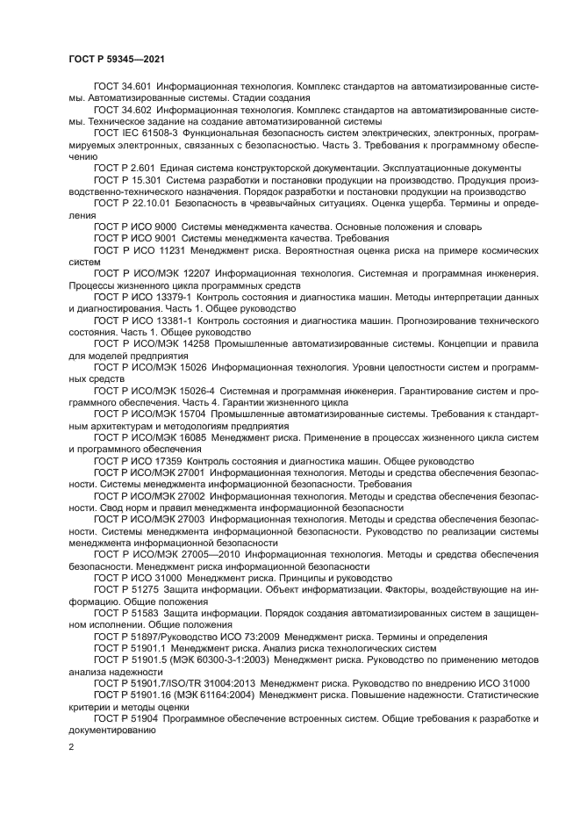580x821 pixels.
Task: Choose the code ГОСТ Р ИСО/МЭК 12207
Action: tap(150, 274)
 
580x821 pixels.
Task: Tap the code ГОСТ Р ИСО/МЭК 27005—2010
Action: tap(167, 555)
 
